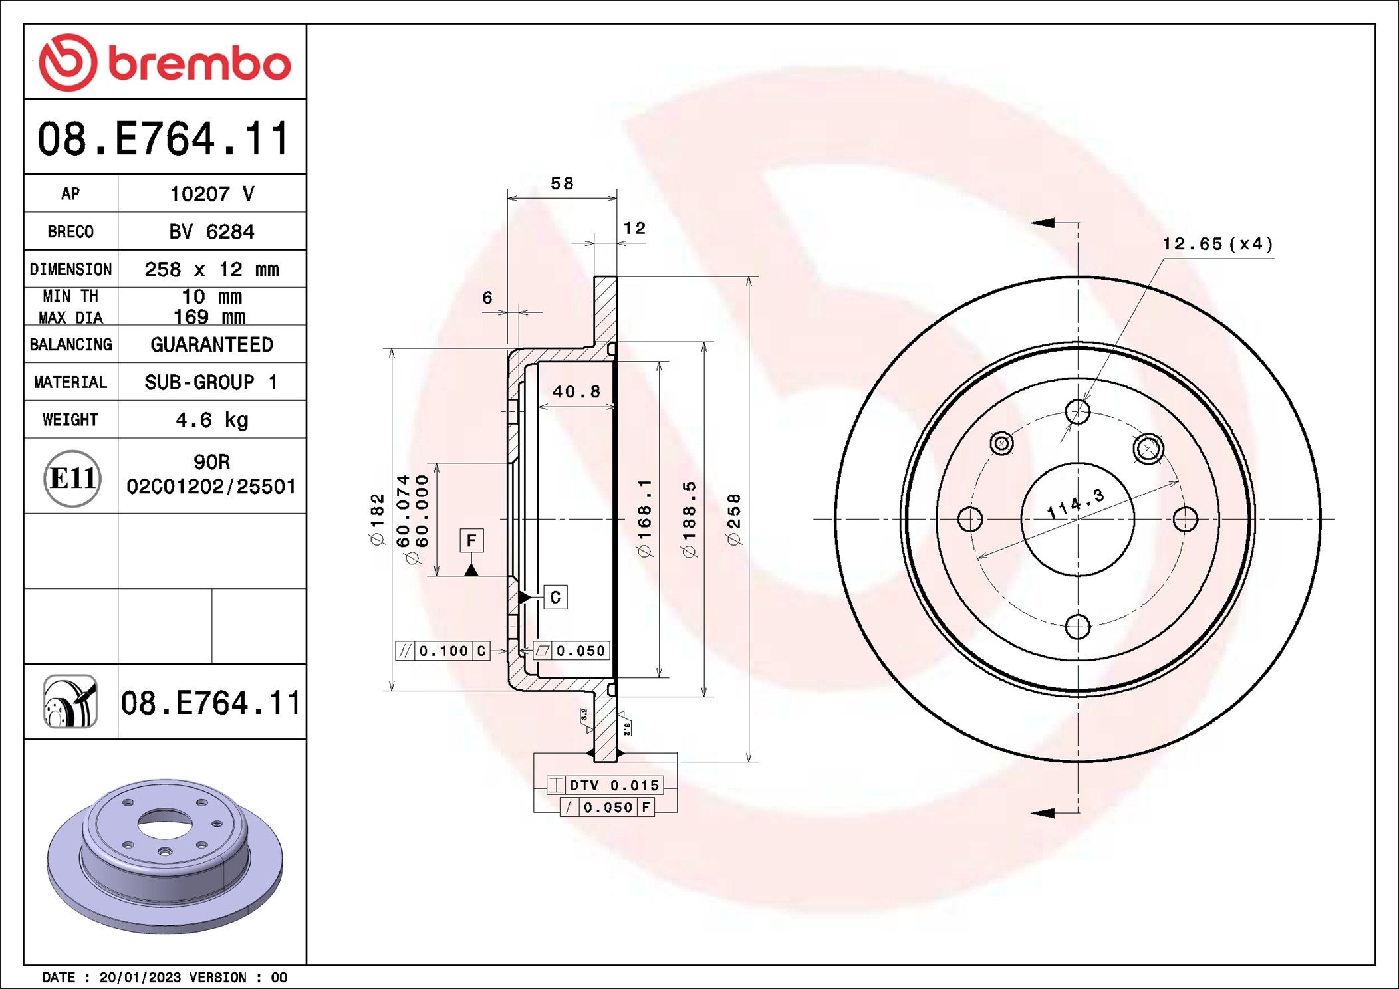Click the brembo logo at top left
click(165, 62)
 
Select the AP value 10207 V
click(212, 193)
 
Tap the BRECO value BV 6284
click(211, 231)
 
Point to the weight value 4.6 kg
click(211, 420)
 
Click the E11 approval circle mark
click(72, 478)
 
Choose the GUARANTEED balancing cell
click(211, 344)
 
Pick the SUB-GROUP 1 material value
click(211, 382)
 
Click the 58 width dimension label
click(562, 183)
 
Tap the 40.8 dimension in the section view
click(576, 391)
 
